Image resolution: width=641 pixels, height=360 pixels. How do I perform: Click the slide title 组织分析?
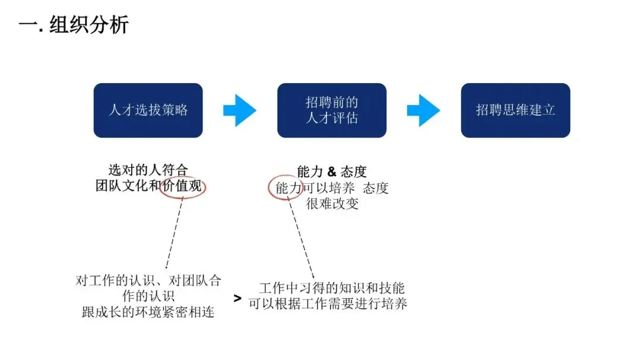click(74, 25)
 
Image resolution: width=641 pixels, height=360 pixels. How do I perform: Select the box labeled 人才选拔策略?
click(148, 110)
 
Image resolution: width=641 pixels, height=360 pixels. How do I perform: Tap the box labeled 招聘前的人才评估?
click(332, 110)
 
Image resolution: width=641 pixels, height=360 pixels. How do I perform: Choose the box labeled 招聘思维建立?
click(515, 110)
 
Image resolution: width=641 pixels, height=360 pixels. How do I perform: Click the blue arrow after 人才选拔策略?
click(239, 110)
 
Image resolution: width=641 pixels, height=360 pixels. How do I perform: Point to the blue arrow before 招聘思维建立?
click(423, 110)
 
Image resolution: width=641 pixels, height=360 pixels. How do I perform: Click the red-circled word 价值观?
click(183, 186)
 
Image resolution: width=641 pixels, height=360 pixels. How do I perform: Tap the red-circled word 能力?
click(288, 189)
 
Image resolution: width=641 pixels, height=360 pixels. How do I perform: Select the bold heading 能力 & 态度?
click(332, 172)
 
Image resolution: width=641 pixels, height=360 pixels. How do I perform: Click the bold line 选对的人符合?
click(148, 171)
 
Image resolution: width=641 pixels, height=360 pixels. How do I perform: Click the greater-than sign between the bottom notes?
click(237, 298)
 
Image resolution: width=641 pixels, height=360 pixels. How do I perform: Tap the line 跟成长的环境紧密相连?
click(148, 312)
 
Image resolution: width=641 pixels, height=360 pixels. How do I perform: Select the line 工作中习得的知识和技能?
click(332, 289)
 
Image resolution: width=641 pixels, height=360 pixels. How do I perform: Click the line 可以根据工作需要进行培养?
click(328, 304)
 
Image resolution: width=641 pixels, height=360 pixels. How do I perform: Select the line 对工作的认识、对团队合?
click(148, 281)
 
